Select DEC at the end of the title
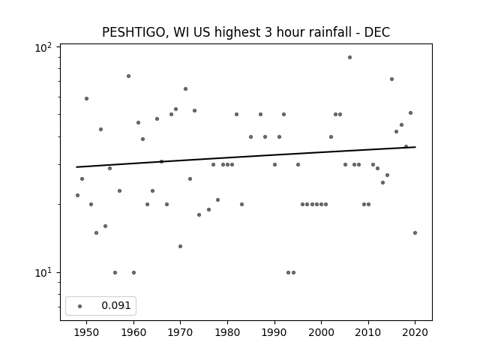point(377,32)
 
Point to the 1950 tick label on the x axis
point(87,332)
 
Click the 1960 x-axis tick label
point(133,332)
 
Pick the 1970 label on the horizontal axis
point(181,332)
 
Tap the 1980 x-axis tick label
point(227,332)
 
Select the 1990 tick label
point(274,332)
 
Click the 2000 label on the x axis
point(322,332)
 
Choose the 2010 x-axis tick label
point(368,332)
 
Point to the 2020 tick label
point(415,332)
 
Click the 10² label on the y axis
point(43,48)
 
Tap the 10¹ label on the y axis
point(43,272)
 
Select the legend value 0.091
point(116,305)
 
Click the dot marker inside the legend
point(80,306)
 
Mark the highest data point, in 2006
point(350,58)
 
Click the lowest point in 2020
point(415,233)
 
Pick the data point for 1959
point(128,76)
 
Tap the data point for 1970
point(180,247)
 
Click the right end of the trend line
point(415,147)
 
